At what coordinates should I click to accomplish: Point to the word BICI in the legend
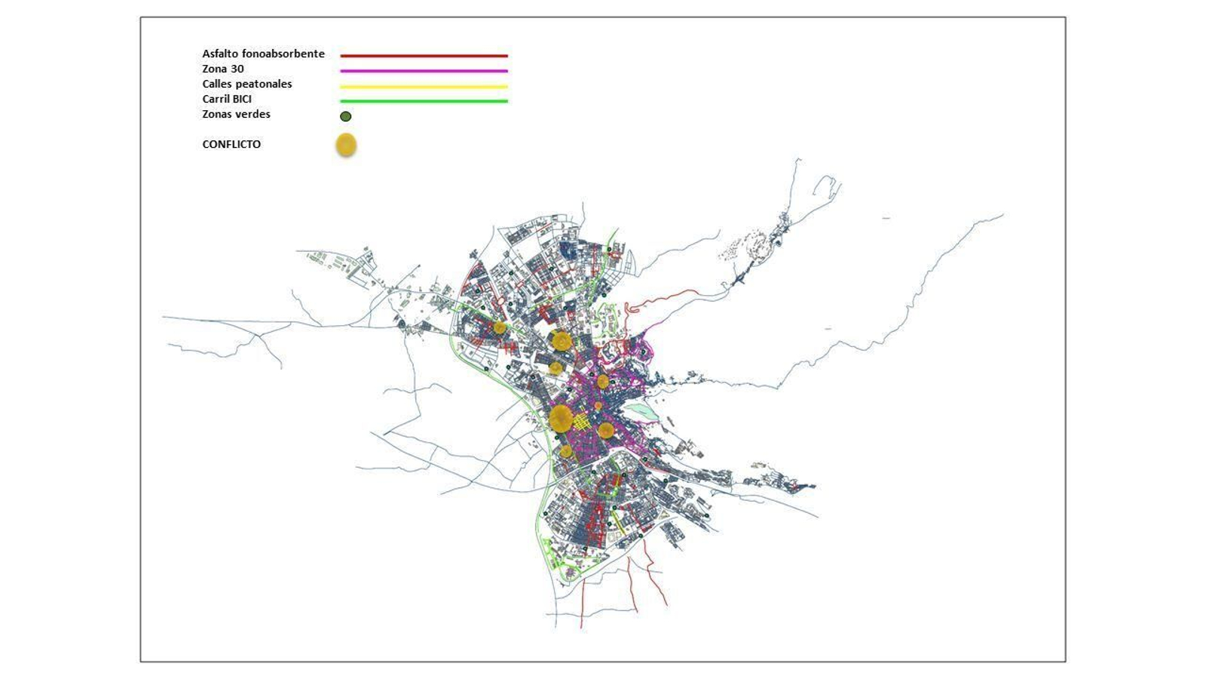[x=242, y=100]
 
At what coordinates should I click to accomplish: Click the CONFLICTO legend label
[x=231, y=144]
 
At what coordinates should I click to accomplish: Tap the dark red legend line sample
[x=424, y=56]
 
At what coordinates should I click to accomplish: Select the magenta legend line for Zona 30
[x=424, y=71]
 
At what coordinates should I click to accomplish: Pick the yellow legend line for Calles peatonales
[x=424, y=86]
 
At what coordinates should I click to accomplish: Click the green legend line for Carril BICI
[x=424, y=101]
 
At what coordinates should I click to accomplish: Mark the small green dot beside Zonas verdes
[x=345, y=116]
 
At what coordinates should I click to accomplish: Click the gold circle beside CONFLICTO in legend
[x=345, y=145]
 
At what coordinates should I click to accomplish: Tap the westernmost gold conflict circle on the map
[x=499, y=327]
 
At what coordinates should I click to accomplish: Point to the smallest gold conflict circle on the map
[x=598, y=406]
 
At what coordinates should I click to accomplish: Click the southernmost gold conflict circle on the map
[x=566, y=451]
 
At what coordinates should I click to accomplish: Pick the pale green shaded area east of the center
[x=642, y=410]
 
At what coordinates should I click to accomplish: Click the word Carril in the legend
[x=216, y=100]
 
